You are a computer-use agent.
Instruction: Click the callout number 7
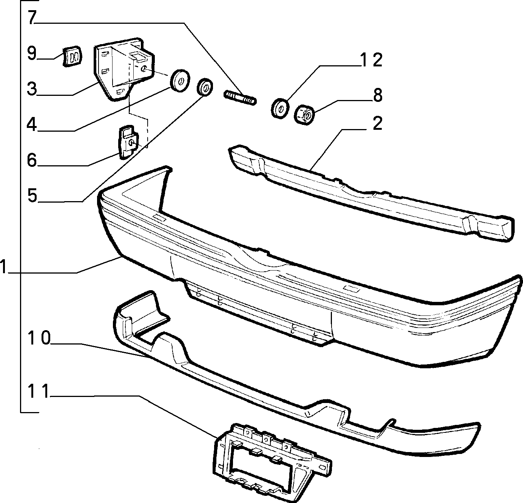[32, 17]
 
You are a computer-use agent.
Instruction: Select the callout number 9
[32, 53]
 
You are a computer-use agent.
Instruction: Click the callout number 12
[370, 60]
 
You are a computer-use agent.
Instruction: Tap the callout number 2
[377, 123]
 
